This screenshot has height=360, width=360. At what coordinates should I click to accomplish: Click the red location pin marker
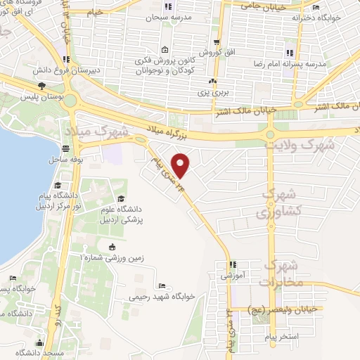point(181,165)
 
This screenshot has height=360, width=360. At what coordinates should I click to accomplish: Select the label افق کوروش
point(212,53)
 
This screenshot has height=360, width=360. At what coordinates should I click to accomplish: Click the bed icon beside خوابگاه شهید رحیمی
point(162,285)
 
